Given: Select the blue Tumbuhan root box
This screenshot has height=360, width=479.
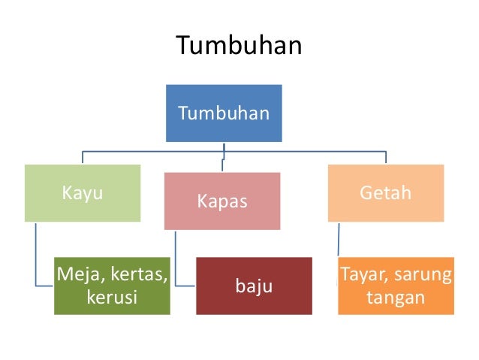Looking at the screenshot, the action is [224, 113].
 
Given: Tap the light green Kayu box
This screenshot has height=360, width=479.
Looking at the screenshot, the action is [83, 193].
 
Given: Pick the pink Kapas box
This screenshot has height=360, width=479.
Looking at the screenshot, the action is [222, 201].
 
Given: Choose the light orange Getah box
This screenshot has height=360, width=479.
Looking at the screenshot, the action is [385, 193].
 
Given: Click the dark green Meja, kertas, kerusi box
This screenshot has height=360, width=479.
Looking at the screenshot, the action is [112, 286].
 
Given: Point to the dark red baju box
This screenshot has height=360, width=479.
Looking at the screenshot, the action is [254, 286].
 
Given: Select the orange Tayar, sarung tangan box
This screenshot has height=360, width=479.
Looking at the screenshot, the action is [395, 286].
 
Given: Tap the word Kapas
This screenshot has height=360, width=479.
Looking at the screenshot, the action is [222, 201].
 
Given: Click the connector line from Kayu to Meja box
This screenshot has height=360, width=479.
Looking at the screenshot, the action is [35, 256].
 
